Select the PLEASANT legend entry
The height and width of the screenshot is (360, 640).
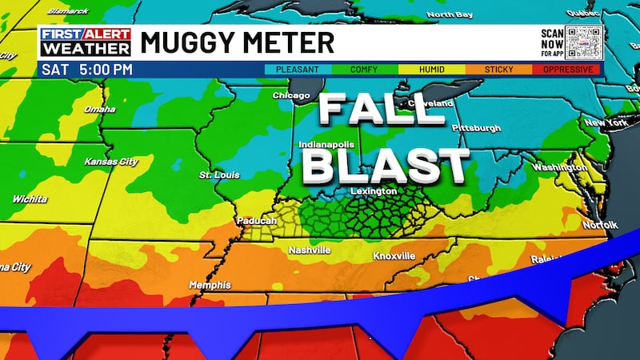[297, 70]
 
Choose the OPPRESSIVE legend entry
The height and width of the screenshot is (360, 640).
[567, 70]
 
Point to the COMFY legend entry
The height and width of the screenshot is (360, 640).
[365, 70]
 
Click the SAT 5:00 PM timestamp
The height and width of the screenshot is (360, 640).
[85, 70]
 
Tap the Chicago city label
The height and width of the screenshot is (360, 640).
[290, 96]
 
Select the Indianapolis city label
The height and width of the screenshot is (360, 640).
[326, 145]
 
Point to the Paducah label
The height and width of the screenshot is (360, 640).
[256, 221]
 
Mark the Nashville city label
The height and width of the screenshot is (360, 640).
[310, 250]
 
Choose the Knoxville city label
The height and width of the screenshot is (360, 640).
[394, 256]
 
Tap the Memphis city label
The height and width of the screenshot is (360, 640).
[210, 285]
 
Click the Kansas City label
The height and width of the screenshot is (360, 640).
[111, 162]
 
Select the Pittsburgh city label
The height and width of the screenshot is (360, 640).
[476, 128]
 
